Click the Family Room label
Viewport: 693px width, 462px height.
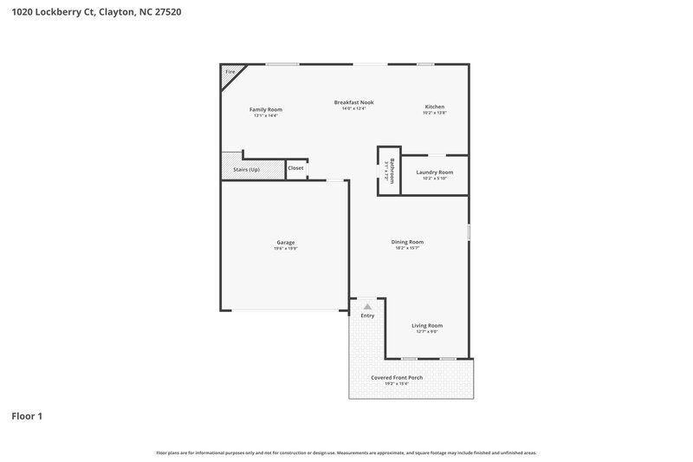coord(266,109)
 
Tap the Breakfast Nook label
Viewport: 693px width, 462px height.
coord(353,102)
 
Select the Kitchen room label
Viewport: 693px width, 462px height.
coord(434,107)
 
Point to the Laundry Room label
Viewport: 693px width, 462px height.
coord(434,172)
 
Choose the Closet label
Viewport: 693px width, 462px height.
coord(295,168)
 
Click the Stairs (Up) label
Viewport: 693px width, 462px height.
coord(246,169)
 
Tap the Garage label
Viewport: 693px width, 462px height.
coord(286,242)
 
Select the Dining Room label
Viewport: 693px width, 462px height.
coord(407,242)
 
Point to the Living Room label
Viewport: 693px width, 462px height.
coord(426,325)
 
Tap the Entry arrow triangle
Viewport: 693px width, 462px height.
coord(368,307)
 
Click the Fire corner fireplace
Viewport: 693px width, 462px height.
coord(230,72)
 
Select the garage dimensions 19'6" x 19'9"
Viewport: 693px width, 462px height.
coord(286,249)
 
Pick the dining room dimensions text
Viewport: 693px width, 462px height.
coord(407,249)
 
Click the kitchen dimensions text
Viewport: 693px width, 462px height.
coord(434,114)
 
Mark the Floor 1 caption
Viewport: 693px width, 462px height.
coord(27,416)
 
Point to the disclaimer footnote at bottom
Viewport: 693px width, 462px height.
coord(346,452)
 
